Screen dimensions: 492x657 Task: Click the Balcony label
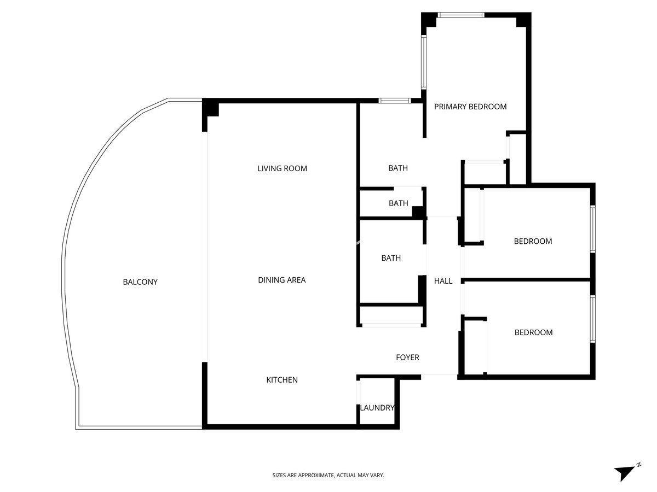pyautogui.click(x=140, y=282)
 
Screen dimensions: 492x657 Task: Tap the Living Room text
pyautogui.click(x=282, y=168)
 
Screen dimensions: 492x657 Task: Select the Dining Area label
pyautogui.click(x=281, y=280)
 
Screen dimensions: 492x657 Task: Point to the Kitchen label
pyautogui.click(x=282, y=380)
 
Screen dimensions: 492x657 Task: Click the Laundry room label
pyautogui.click(x=377, y=408)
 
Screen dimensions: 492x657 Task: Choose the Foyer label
pyautogui.click(x=407, y=358)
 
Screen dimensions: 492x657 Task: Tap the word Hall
pyautogui.click(x=443, y=281)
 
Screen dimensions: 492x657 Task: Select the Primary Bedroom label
pyautogui.click(x=470, y=107)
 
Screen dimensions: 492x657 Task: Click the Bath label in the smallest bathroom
pyautogui.click(x=398, y=203)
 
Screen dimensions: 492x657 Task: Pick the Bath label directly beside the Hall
pyautogui.click(x=391, y=258)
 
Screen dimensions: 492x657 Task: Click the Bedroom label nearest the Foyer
pyautogui.click(x=533, y=332)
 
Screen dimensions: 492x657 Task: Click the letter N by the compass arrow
pyautogui.click(x=638, y=465)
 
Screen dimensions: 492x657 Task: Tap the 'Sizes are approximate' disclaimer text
pyautogui.click(x=328, y=476)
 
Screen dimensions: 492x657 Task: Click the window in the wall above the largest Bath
pyautogui.click(x=395, y=101)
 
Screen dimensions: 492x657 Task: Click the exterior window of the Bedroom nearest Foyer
pyautogui.click(x=592, y=319)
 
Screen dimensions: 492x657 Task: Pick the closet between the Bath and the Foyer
pyautogui.click(x=391, y=316)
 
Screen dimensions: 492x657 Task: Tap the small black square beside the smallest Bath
pyautogui.click(x=418, y=212)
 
